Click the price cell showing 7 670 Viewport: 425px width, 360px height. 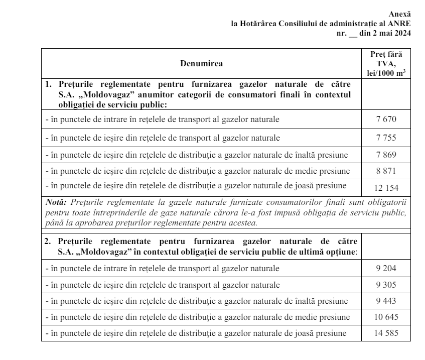[x=385, y=120]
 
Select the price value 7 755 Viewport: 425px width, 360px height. [x=385, y=138]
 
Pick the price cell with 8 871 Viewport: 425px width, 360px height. [x=385, y=171]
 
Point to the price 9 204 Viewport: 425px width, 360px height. [x=385, y=269]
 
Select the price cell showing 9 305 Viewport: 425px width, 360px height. [x=385, y=285]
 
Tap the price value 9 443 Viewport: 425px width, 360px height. [x=385, y=302]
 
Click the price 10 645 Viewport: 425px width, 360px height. [x=385, y=317]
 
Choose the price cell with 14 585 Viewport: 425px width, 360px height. [x=385, y=333]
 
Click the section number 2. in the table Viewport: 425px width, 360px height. [x=49, y=241]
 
